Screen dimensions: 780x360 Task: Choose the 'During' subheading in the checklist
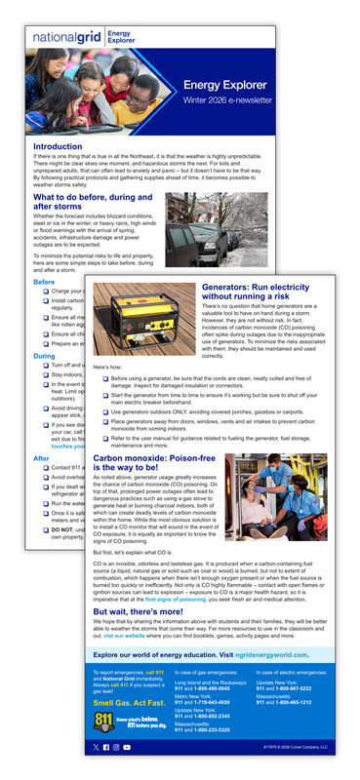44,356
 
